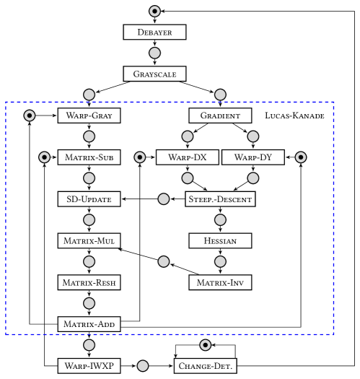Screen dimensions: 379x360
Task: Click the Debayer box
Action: point(154,32)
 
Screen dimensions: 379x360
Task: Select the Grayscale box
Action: point(154,74)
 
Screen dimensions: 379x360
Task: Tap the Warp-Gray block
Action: point(89,116)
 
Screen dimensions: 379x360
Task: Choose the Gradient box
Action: point(220,116)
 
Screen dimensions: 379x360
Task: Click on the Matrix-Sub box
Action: point(89,157)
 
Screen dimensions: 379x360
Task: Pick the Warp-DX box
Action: point(187,157)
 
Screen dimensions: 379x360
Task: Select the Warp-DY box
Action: point(253,157)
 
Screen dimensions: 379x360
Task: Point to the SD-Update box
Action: point(89,199)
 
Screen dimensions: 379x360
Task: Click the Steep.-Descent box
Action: point(220,199)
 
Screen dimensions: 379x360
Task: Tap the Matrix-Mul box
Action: point(89,240)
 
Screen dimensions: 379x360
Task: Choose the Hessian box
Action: point(220,240)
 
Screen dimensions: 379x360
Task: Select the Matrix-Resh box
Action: point(89,282)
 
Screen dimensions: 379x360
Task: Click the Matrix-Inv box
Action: point(220,282)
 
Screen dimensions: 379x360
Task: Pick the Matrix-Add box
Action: point(89,324)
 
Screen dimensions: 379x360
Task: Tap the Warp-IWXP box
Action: point(89,366)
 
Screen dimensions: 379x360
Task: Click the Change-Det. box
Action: point(205,366)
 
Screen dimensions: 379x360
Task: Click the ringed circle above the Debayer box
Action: point(154,11)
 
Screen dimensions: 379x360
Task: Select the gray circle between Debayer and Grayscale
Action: point(154,53)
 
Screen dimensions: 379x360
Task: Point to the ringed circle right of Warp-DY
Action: point(301,157)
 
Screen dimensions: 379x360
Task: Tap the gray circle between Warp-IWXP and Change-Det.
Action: point(143,366)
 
